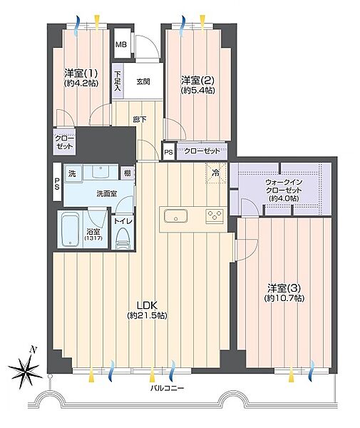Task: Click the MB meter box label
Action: pyautogui.click(x=121, y=44)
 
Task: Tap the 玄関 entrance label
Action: pyautogui.click(x=143, y=81)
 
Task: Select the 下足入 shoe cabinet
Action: pyautogui.click(x=118, y=81)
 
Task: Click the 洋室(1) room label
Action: pyautogui.click(x=81, y=73)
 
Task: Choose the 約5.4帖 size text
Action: pyautogui.click(x=198, y=91)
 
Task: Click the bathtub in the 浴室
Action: pyautogui.click(x=71, y=230)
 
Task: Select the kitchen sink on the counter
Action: pyautogui.click(x=175, y=215)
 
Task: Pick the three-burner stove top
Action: pyautogui.click(x=215, y=215)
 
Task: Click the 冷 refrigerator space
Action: pyautogui.click(x=216, y=173)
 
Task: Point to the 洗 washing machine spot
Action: pyautogui.click(x=73, y=173)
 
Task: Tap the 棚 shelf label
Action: pyautogui.click(x=128, y=173)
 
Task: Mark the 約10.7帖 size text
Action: pyautogui.click(x=284, y=298)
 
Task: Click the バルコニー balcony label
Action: pyautogui.click(x=168, y=388)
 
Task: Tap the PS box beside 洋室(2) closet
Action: pyautogui.click(x=169, y=152)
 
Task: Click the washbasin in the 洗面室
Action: pyautogui.click(x=101, y=171)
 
